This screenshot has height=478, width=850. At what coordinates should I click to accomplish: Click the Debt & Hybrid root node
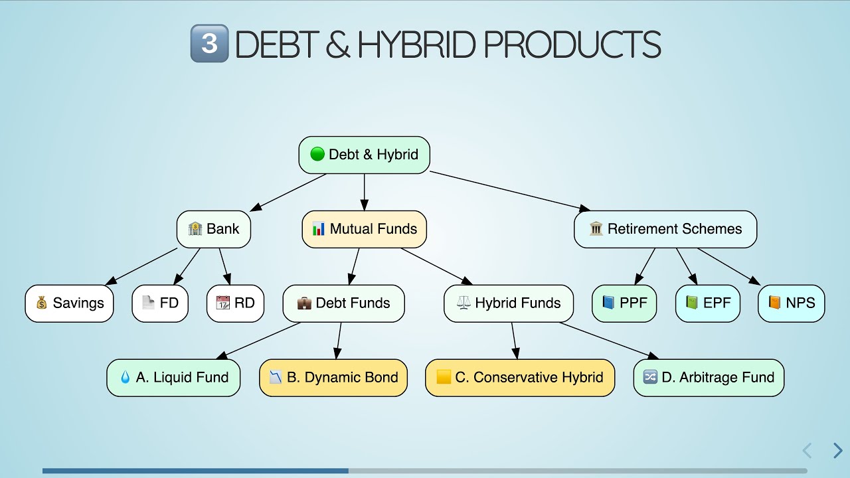pos(364,155)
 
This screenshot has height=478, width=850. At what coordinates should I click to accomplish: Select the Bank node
pos(214,229)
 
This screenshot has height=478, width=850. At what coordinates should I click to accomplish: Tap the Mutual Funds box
pos(365,229)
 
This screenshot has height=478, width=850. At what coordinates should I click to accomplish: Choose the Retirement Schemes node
pos(665,229)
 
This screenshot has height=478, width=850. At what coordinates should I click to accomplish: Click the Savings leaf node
pos(70,303)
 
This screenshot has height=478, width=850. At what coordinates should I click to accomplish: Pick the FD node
pos(160,303)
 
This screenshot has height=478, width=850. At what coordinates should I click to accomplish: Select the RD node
pos(235,303)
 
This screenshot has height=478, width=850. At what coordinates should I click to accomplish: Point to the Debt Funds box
pos(343,303)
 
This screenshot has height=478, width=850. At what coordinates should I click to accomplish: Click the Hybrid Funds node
pos(509,303)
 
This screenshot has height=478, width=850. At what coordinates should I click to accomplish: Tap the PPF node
pos(624,303)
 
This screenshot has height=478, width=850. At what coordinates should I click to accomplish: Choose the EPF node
pos(707,303)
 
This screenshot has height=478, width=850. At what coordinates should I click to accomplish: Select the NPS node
pos(791,303)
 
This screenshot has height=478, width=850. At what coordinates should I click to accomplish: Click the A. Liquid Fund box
pos(173,378)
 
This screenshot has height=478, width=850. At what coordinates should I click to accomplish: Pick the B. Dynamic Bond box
pos(333,378)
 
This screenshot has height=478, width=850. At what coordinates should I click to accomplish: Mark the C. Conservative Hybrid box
pos(520,378)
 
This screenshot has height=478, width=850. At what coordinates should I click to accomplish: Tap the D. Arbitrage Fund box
pos(709,378)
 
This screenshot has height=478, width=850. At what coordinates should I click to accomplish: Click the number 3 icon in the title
pos(209,44)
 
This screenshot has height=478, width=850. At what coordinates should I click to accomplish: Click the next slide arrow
pos(837,451)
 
